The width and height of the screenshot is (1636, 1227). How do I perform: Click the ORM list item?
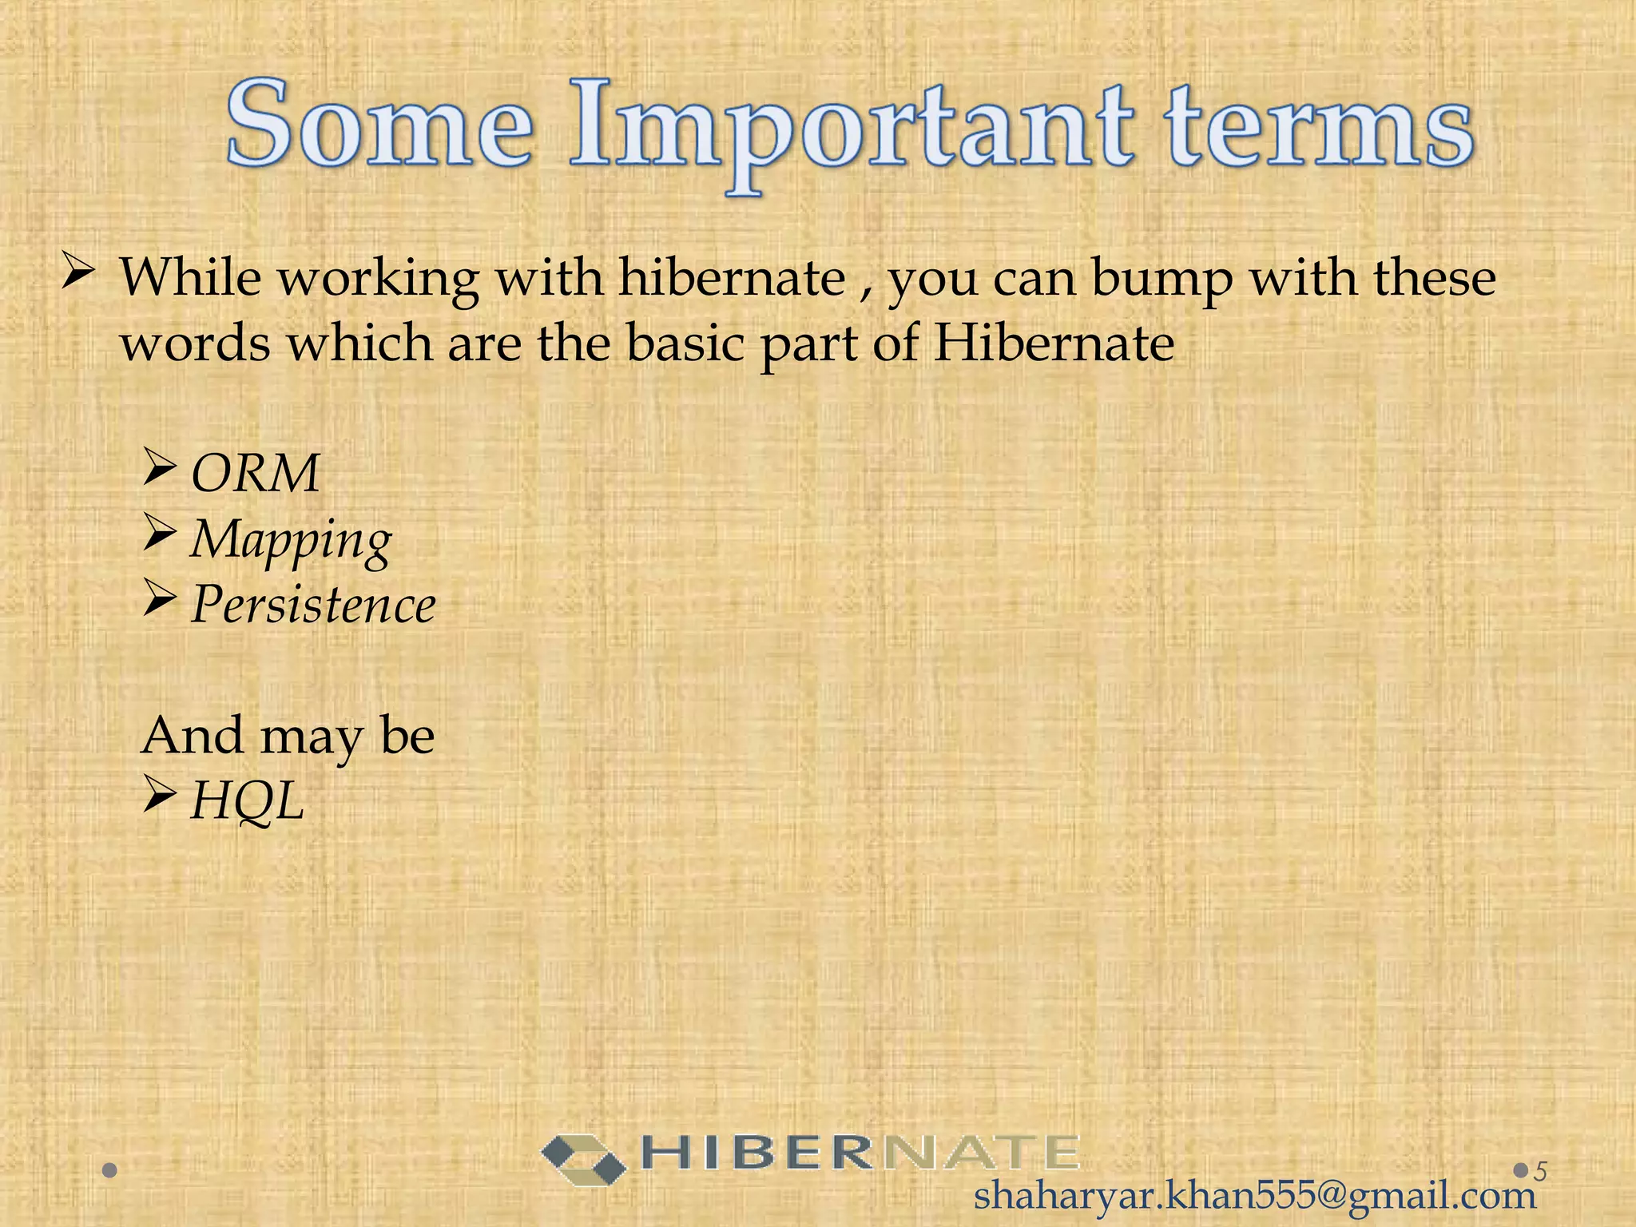[x=255, y=473]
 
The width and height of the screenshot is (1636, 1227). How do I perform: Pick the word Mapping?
[x=291, y=540]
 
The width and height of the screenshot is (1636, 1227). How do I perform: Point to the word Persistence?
[x=313, y=605]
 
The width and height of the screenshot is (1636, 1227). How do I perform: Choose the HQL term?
[x=248, y=800]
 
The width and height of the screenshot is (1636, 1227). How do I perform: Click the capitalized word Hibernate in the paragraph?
[x=1054, y=343]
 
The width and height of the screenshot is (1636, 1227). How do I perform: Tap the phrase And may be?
[x=288, y=735]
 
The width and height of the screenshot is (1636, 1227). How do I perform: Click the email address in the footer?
[x=1255, y=1196]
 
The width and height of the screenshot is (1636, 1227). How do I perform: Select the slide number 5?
[x=1541, y=1171]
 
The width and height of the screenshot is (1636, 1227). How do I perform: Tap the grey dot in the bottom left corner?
[x=110, y=1171]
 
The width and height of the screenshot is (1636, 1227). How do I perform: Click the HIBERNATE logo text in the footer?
[x=860, y=1154]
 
